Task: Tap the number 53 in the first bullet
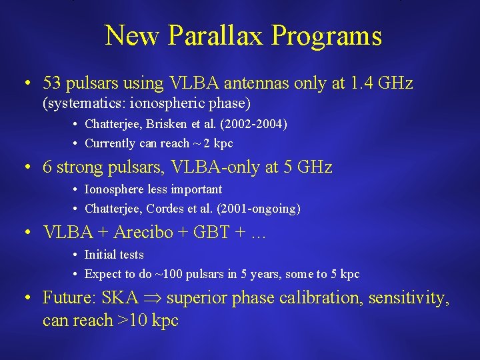pos(52,83)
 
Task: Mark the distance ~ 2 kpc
pos(212,143)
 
